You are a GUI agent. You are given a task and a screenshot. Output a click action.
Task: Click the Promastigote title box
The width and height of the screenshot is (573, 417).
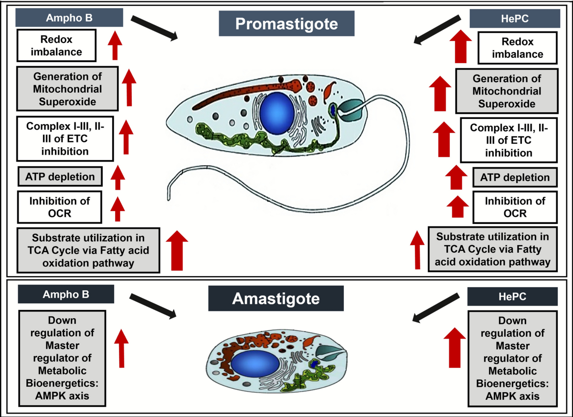286,23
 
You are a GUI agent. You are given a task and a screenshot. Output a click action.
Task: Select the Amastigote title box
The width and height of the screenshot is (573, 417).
276,298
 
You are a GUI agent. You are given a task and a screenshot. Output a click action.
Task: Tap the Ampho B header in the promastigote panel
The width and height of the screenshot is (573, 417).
69,18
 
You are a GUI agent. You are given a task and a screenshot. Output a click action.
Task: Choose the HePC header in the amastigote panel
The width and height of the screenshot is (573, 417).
512,297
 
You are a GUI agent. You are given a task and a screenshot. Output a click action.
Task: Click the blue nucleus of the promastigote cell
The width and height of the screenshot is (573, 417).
277,113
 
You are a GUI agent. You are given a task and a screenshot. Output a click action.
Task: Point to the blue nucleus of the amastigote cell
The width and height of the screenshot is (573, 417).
255,364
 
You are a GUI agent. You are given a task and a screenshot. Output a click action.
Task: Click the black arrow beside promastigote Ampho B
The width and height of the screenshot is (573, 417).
154,28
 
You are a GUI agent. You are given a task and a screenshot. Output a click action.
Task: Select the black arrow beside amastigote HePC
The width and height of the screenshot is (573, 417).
436,308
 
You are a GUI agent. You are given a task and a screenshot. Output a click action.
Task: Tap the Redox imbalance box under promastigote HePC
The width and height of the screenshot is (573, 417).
518,48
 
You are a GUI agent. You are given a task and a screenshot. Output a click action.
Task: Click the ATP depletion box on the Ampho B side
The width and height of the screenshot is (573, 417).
60,177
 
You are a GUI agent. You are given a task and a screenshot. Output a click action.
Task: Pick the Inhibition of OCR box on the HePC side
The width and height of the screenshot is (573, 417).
515,207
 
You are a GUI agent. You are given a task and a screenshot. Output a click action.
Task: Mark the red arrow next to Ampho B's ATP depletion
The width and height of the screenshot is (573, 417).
117,177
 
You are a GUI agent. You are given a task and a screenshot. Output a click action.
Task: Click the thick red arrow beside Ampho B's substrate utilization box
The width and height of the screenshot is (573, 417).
177,250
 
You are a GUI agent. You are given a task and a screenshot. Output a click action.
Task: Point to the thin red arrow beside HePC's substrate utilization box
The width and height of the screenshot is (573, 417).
417,250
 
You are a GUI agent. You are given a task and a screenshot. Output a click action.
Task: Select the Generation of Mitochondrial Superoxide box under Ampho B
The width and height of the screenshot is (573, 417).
67,89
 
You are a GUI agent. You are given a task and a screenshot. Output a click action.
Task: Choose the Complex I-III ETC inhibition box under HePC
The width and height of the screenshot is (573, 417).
509,140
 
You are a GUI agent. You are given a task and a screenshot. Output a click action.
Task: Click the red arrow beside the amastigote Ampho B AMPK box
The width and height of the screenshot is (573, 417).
121,348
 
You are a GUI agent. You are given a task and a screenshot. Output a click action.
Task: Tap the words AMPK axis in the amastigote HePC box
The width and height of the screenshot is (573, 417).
512,396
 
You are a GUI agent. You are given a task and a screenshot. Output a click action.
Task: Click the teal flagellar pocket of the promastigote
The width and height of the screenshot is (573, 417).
350,110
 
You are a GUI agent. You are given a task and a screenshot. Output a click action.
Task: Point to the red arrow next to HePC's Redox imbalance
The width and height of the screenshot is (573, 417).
461,46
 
